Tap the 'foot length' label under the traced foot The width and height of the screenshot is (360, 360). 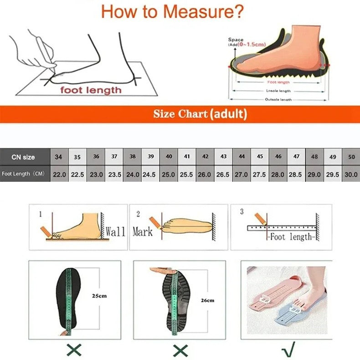(91, 90)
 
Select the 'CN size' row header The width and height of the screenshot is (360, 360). (23, 157)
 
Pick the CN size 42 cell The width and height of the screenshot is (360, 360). (205, 157)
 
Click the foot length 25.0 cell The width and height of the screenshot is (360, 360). (168, 174)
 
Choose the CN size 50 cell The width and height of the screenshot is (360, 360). (351, 157)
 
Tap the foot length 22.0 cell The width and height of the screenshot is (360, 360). (59, 174)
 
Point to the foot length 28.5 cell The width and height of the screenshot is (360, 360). (296, 174)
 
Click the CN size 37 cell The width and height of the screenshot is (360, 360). (114, 157)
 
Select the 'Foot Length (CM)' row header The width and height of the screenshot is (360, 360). (23, 174)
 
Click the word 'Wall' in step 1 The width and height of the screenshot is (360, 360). (115, 231)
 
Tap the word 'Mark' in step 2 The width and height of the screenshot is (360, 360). (142, 231)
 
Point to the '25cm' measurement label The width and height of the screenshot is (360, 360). (99, 296)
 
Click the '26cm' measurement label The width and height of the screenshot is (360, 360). (207, 300)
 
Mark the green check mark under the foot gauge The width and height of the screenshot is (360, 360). (288, 350)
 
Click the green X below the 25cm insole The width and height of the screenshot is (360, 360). (74, 350)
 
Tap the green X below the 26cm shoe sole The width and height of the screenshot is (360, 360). (180, 350)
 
